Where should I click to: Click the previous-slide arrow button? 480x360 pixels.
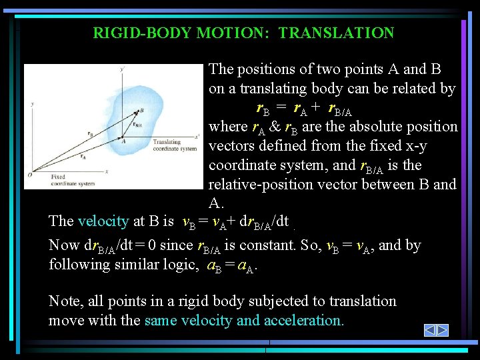[430, 330]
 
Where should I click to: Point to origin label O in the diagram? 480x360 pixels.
[29, 175]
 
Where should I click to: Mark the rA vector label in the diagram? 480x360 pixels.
[83, 157]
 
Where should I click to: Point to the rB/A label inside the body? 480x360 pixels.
[137, 124]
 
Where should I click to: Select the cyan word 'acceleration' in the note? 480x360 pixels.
[303, 320]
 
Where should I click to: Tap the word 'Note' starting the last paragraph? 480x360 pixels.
[63, 301]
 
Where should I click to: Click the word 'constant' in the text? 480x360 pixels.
[265, 245]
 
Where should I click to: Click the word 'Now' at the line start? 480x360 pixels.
[63, 245]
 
